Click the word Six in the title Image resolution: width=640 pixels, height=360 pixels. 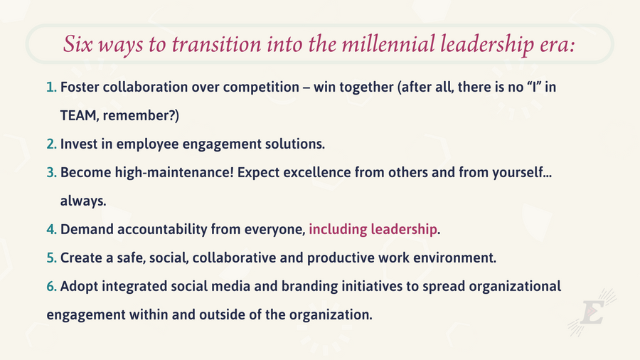[x=78, y=44]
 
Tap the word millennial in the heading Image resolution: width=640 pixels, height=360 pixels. [x=388, y=43]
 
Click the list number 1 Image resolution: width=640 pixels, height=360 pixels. [x=51, y=87]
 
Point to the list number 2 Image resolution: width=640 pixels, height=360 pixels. [x=51, y=144]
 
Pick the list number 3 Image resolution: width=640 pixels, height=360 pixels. [x=51, y=172]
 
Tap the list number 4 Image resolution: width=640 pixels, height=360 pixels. [x=51, y=229]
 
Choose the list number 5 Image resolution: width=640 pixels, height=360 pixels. [x=51, y=258]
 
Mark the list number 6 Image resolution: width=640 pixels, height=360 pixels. [x=51, y=286]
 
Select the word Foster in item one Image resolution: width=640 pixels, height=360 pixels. [x=80, y=87]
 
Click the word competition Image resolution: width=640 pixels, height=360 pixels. [x=261, y=88]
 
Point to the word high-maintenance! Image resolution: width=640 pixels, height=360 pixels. [x=174, y=173]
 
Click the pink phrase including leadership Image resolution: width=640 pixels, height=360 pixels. [x=373, y=229]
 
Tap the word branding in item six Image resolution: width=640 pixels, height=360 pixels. [x=310, y=287]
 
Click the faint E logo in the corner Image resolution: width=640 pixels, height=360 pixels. [x=592, y=312]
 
